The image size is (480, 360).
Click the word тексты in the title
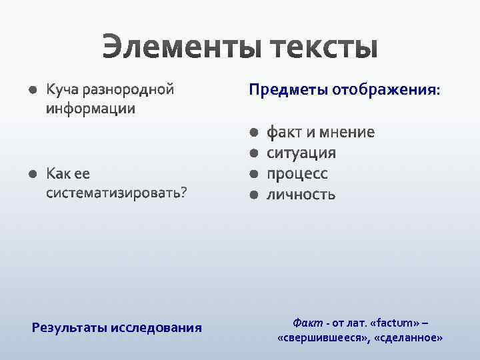point(325,49)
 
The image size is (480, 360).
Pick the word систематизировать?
point(117,193)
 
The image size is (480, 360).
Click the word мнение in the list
point(346,132)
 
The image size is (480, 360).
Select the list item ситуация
point(301,153)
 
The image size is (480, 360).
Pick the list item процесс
point(297,174)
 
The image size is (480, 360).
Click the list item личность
point(301,195)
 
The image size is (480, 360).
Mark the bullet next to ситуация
point(253,154)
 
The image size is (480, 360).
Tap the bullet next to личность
point(253,195)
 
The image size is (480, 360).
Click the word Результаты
point(70,327)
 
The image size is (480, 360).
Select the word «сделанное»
point(409,338)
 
